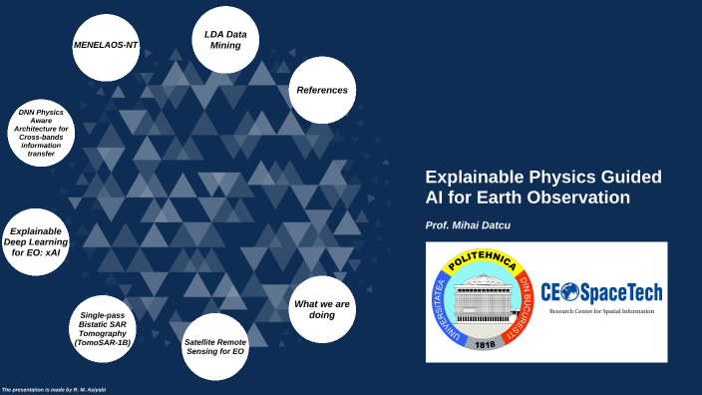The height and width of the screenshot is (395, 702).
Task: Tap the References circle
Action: coord(321,90)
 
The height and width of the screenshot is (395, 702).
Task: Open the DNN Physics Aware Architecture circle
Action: coord(36,131)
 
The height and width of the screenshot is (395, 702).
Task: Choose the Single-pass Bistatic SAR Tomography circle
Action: coord(103,328)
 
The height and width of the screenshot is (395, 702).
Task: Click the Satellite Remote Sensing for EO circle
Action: coord(214,346)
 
